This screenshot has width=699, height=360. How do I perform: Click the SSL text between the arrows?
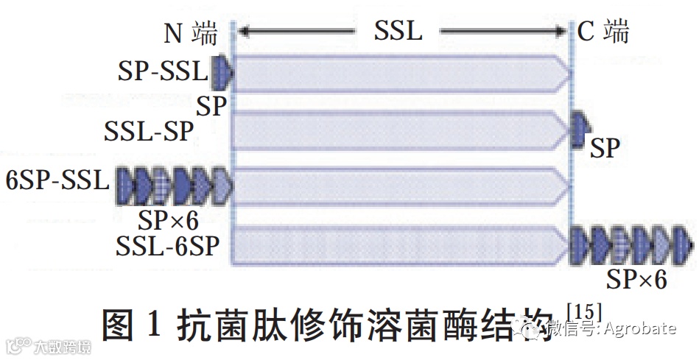point(398,30)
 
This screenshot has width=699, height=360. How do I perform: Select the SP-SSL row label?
point(163,71)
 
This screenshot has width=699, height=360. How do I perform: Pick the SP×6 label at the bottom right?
point(636,280)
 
